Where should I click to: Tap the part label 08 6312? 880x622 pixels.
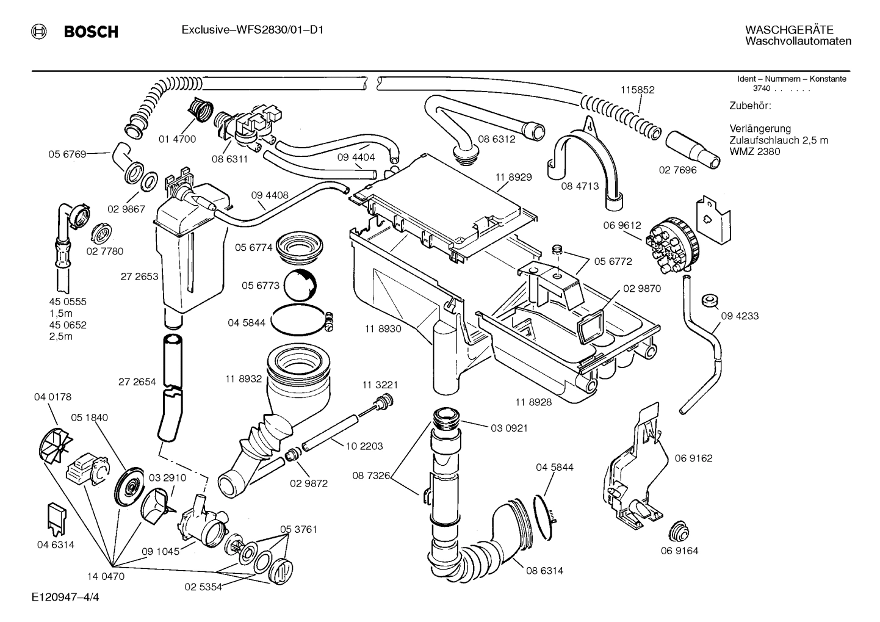click(x=496, y=139)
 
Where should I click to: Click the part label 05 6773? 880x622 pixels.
click(x=260, y=286)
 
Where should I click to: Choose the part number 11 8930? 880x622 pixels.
click(x=383, y=328)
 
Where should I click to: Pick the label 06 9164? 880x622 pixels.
click(x=679, y=551)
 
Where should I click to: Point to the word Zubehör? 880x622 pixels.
click(x=750, y=106)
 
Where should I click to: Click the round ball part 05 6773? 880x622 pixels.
click(x=300, y=285)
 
